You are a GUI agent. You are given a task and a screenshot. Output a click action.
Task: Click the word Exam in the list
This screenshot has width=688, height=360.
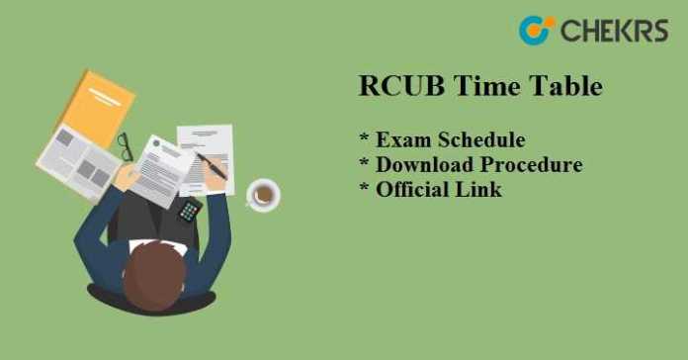click(401, 139)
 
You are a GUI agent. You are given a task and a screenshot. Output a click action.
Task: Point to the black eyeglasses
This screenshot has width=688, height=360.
click(126, 145)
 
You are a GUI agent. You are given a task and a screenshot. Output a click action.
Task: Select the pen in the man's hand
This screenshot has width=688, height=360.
click(212, 164)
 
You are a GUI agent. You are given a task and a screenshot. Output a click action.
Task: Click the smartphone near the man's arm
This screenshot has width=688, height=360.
click(188, 210)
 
